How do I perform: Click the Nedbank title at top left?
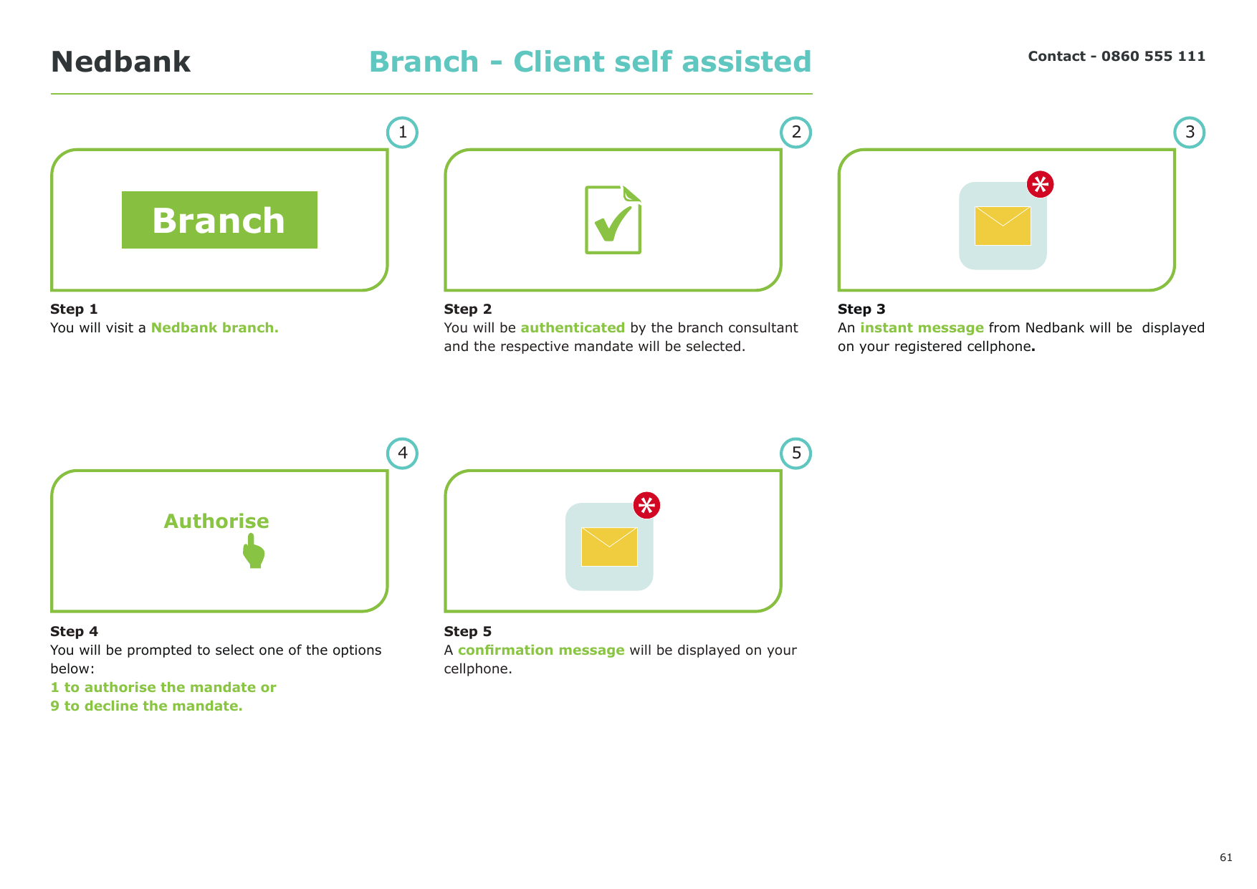(120, 62)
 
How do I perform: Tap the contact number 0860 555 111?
(1153, 56)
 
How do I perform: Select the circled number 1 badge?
(402, 133)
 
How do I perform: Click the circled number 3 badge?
(1190, 133)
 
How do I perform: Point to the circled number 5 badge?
(796, 453)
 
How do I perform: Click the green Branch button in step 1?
(219, 220)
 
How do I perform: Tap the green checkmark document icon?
(613, 219)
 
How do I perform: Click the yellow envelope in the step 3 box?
(1003, 226)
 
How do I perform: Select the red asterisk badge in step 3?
(1040, 184)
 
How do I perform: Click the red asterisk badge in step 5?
(646, 505)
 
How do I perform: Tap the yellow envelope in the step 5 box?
(609, 547)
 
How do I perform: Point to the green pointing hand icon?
(254, 550)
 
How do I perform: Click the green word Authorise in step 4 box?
(216, 521)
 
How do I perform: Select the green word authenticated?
(573, 327)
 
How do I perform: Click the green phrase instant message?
(922, 327)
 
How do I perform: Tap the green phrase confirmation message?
(541, 650)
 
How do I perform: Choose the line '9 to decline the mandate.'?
(146, 706)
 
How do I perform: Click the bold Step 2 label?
(468, 309)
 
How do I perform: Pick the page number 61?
(1226, 857)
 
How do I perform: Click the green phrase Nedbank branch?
(215, 327)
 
